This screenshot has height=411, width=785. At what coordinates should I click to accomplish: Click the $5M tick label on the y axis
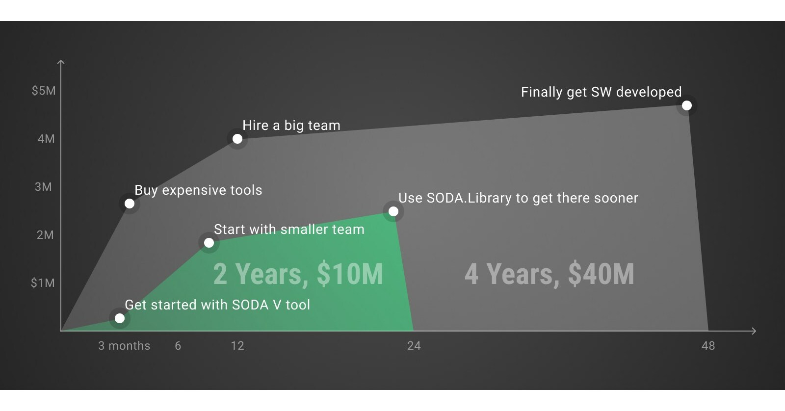(44, 91)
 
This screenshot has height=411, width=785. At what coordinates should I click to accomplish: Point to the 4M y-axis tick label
(46, 139)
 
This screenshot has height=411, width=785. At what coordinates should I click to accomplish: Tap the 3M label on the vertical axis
(43, 187)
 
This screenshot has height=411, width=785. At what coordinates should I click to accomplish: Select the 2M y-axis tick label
(45, 235)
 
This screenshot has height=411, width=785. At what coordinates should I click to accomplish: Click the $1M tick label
(43, 283)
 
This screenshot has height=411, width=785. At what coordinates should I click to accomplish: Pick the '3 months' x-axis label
(124, 346)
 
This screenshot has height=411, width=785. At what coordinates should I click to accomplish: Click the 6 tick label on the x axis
(178, 346)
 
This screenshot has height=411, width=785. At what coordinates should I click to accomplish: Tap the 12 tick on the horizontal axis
(237, 346)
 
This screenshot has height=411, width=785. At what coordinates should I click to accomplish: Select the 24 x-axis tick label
(414, 346)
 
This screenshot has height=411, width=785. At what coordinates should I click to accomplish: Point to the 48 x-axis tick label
(708, 346)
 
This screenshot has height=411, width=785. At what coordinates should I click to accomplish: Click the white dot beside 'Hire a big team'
(237, 139)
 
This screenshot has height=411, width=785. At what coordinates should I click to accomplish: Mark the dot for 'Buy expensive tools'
(130, 204)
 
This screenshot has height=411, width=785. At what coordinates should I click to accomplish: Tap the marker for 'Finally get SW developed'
(687, 105)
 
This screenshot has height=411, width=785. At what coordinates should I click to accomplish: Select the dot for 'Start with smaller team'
(209, 243)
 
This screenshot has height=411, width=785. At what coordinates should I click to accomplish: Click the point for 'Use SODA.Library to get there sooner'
(393, 211)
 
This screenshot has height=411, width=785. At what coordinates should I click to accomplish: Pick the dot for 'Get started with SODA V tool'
(120, 318)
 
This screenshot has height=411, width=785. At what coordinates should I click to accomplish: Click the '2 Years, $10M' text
(298, 274)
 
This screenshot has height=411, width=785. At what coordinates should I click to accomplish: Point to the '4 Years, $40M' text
(549, 274)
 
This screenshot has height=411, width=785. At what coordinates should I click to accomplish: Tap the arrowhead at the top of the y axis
(61, 62)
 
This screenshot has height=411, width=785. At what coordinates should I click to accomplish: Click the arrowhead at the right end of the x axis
(754, 331)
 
